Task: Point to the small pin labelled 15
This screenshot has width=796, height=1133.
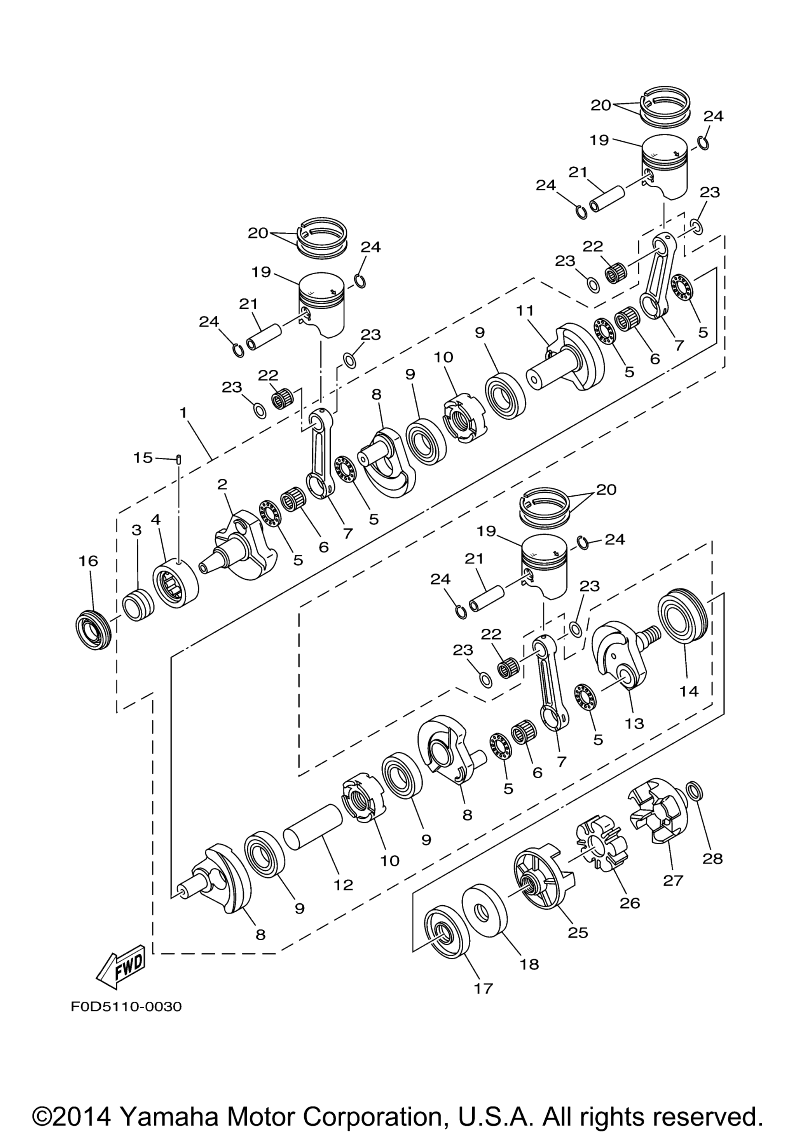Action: [179, 459]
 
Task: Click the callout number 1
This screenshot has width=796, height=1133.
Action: [183, 413]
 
